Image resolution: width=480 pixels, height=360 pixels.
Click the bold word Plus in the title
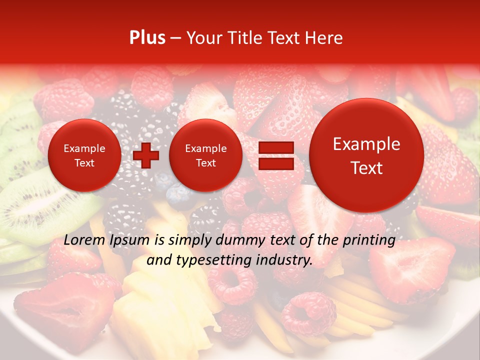147,38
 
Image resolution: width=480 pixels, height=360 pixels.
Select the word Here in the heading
324,38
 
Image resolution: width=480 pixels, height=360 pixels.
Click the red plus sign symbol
146,156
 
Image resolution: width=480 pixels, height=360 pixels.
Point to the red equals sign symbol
275,156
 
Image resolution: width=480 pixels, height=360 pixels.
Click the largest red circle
366,155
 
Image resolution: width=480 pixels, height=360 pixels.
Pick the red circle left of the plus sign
84,155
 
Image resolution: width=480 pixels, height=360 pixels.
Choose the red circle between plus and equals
205,155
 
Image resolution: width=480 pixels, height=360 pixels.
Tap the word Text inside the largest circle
366,168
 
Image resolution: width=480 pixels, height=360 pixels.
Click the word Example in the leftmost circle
84,148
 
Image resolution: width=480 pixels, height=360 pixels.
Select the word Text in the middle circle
205,163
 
